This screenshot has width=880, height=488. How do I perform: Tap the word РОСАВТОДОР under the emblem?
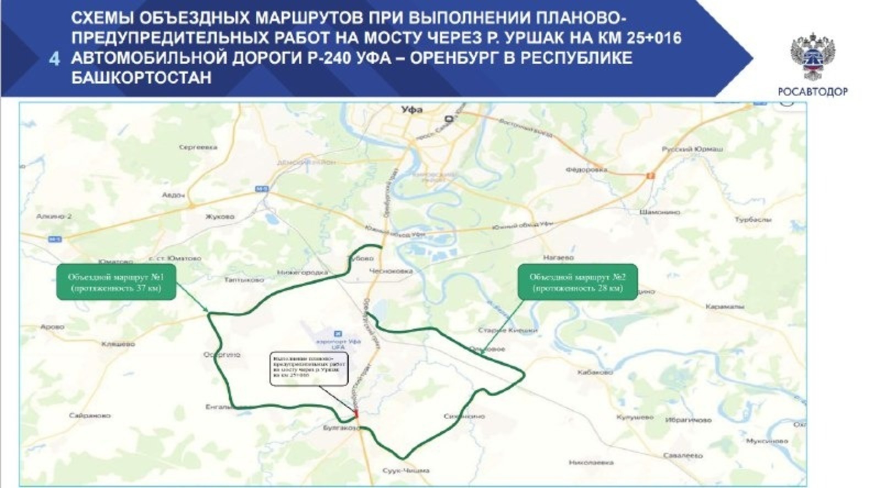(x=812, y=92)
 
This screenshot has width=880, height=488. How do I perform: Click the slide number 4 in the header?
(x=54, y=58)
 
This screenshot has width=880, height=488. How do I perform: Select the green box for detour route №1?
(x=116, y=282)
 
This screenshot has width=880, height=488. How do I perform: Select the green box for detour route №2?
(x=577, y=282)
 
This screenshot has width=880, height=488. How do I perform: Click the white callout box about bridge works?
(x=310, y=368)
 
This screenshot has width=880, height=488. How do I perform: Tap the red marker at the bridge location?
(x=356, y=413)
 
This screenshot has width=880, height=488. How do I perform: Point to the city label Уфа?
(x=412, y=110)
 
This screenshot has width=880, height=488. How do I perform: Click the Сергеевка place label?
(x=198, y=147)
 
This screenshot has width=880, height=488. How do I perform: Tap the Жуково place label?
(x=219, y=217)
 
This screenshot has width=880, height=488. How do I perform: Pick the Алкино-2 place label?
(x=54, y=217)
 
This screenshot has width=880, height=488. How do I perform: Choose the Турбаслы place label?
(x=753, y=220)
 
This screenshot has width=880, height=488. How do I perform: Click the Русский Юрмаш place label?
(x=692, y=149)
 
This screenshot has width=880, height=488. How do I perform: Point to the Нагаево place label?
(x=558, y=257)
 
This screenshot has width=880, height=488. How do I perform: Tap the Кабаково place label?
(x=595, y=372)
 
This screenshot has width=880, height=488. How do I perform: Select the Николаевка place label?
(x=591, y=462)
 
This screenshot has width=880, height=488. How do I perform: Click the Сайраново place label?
(x=90, y=415)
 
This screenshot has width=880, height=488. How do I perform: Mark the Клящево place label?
(x=118, y=344)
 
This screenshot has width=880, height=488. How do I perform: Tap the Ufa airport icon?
(x=338, y=334)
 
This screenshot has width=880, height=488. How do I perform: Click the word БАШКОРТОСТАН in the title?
(x=141, y=77)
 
